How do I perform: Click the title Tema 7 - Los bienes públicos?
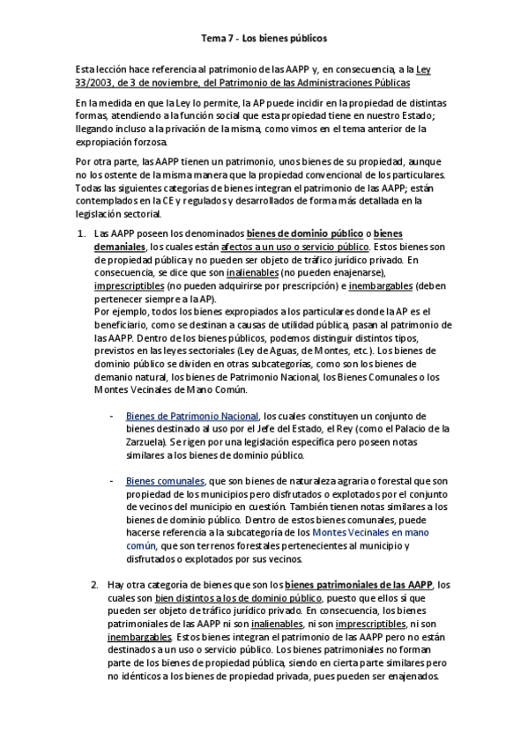[264, 39]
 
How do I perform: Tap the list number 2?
[94, 584]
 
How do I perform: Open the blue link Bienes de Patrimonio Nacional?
[192, 416]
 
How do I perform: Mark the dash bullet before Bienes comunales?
[111, 481]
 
